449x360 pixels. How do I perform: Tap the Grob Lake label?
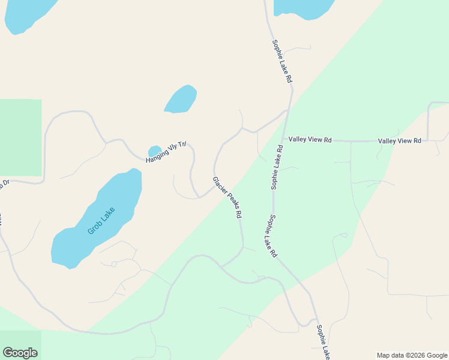point(101,220)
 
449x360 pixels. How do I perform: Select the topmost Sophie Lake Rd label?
point(282,61)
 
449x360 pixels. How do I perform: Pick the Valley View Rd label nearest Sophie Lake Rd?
point(310,139)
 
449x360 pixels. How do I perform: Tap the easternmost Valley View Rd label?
point(399,140)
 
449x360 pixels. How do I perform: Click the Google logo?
point(20,352)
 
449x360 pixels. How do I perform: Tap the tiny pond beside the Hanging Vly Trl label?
point(155,151)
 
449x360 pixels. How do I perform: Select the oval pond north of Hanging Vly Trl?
point(181,99)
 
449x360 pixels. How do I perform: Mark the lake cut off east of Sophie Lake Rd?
point(303,7)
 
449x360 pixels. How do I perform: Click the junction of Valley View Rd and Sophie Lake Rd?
point(283,139)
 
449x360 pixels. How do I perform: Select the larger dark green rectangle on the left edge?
point(20,137)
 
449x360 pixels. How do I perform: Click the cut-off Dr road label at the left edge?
point(5,183)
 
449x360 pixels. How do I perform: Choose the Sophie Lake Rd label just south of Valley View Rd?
point(276,167)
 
